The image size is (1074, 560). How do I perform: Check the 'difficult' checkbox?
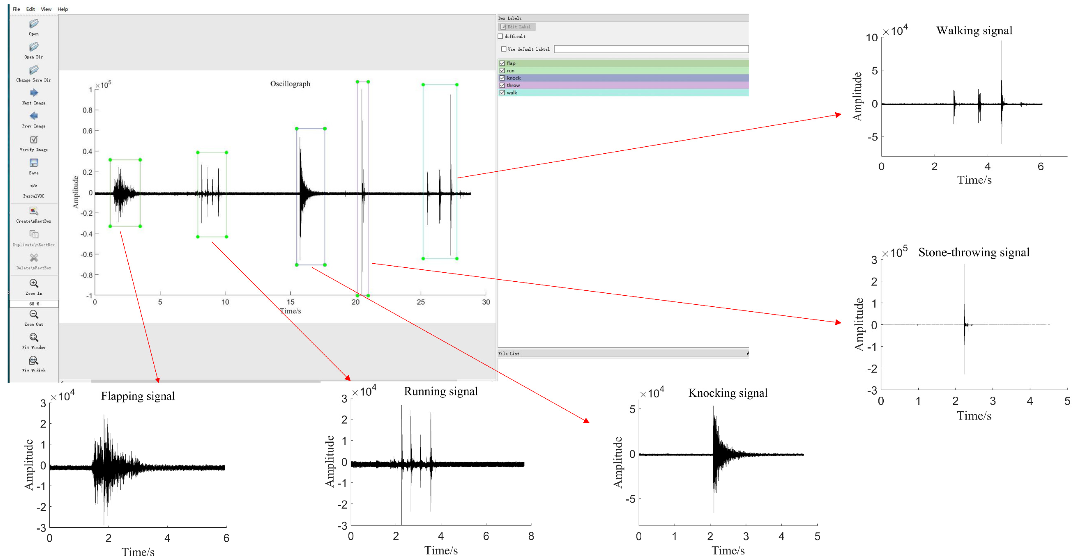click(x=500, y=36)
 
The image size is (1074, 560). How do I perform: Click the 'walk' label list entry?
click(x=512, y=93)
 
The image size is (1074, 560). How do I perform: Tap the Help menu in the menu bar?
click(x=62, y=9)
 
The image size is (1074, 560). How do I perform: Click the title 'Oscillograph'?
click(x=290, y=84)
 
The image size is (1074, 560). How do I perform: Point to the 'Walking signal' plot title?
click(x=974, y=31)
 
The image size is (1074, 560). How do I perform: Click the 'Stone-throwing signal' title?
click(x=974, y=253)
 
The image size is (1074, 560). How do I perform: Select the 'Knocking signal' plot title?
click(x=727, y=393)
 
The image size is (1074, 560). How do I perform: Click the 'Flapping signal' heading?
click(x=138, y=396)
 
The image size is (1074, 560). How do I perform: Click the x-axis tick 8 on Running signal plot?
click(x=531, y=536)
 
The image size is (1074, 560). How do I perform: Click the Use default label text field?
click(x=651, y=49)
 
